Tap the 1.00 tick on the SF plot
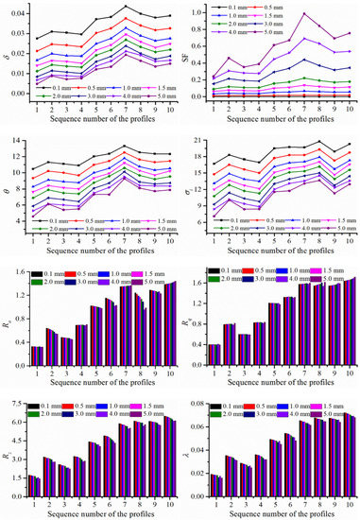point(200,12)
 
